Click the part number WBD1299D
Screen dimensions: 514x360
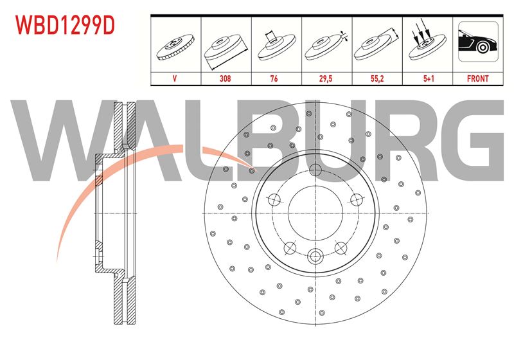pos(66,26)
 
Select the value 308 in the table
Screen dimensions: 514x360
pos(226,78)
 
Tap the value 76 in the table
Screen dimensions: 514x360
pos(274,78)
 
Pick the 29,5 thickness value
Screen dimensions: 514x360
pos(326,78)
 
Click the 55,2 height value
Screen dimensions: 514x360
pos(377,78)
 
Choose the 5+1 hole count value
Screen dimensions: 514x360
pos(429,78)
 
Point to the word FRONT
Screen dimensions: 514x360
pos(477,78)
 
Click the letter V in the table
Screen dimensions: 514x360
pos(175,78)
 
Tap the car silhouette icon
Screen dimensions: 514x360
pos(478,42)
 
